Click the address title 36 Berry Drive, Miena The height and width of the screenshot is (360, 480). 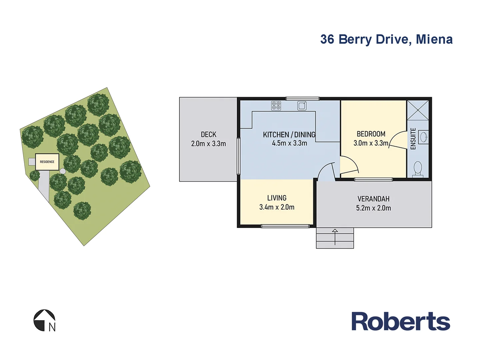pyautogui.click(x=386, y=39)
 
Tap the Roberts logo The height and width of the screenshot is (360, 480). pyautogui.click(x=401, y=322)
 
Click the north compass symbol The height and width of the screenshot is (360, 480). pyautogui.click(x=44, y=321)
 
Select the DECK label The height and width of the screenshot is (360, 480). pyautogui.click(x=208, y=134)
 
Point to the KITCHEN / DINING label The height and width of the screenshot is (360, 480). pyautogui.click(x=289, y=135)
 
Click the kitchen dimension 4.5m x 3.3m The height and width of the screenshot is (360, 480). pyautogui.click(x=289, y=143)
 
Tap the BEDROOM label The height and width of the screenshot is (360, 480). pyautogui.click(x=371, y=134)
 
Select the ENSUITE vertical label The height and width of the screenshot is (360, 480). pyautogui.click(x=413, y=139)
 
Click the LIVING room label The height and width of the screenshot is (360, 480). pyautogui.click(x=277, y=198)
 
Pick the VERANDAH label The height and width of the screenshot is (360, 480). pyautogui.click(x=373, y=199)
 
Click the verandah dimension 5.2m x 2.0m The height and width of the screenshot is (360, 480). pyautogui.click(x=373, y=208)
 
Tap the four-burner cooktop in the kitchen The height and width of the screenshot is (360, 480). pyautogui.click(x=276, y=106)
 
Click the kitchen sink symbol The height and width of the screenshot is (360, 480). pyautogui.click(x=302, y=106)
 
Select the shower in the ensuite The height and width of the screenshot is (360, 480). pyautogui.click(x=418, y=110)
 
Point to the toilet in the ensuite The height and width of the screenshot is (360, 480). pyautogui.click(x=418, y=169)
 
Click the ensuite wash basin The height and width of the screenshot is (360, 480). pyautogui.click(x=423, y=137)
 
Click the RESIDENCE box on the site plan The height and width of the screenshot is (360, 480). pyautogui.click(x=47, y=162)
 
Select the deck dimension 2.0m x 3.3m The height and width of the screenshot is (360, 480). pyautogui.click(x=208, y=144)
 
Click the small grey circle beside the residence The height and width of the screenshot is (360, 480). pyautogui.click(x=63, y=171)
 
